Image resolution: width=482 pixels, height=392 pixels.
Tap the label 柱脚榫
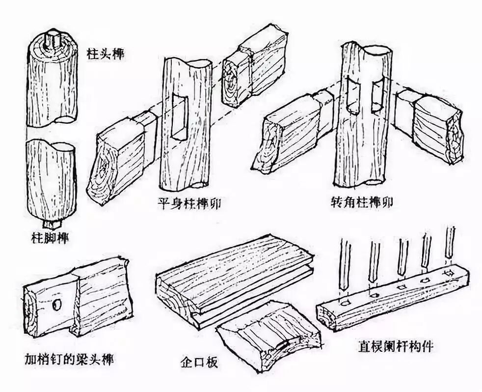(x=48, y=239)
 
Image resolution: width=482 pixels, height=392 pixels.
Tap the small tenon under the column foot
(x=49, y=224)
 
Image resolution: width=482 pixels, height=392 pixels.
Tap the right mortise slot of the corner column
(x=376, y=96)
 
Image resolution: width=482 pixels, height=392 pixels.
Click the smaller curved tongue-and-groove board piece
(x=268, y=339)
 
